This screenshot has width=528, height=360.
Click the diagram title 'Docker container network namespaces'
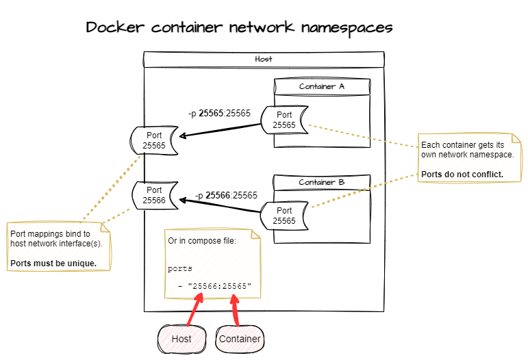click(x=239, y=28)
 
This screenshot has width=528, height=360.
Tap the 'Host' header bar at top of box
click(x=263, y=60)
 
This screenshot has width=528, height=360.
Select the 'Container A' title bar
click(x=321, y=87)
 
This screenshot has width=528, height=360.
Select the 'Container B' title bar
click(x=321, y=183)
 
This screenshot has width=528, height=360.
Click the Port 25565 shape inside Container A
click(x=284, y=120)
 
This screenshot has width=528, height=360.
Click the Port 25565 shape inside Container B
click(x=284, y=216)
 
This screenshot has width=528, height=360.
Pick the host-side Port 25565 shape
click(x=154, y=140)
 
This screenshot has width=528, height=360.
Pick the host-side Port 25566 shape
click(x=154, y=195)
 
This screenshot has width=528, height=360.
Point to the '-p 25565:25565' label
click(x=219, y=113)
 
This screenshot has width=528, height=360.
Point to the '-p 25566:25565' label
click(x=226, y=195)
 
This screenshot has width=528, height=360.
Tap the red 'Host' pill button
click(x=181, y=339)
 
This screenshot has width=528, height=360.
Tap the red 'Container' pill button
click(x=240, y=339)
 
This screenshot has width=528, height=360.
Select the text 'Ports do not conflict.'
click(x=462, y=174)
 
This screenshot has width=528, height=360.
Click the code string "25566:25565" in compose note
click(x=220, y=285)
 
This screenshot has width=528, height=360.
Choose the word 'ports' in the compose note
click(x=180, y=269)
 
